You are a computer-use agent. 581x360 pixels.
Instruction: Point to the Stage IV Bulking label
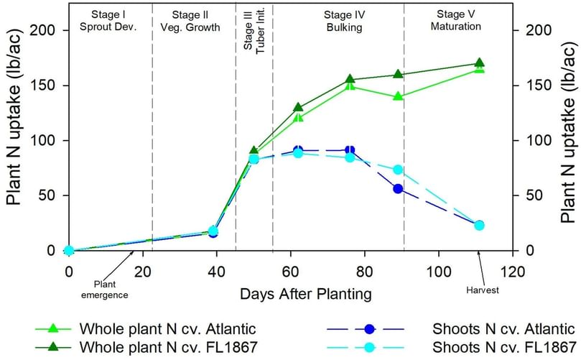coord(338,20)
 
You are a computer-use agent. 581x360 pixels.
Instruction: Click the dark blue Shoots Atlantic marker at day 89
coord(398,189)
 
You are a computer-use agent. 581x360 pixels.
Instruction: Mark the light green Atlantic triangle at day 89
coord(398,96)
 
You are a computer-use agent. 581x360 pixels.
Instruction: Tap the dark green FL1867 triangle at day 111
coord(479,63)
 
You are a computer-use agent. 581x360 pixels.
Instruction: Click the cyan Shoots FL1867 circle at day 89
coord(398,170)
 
